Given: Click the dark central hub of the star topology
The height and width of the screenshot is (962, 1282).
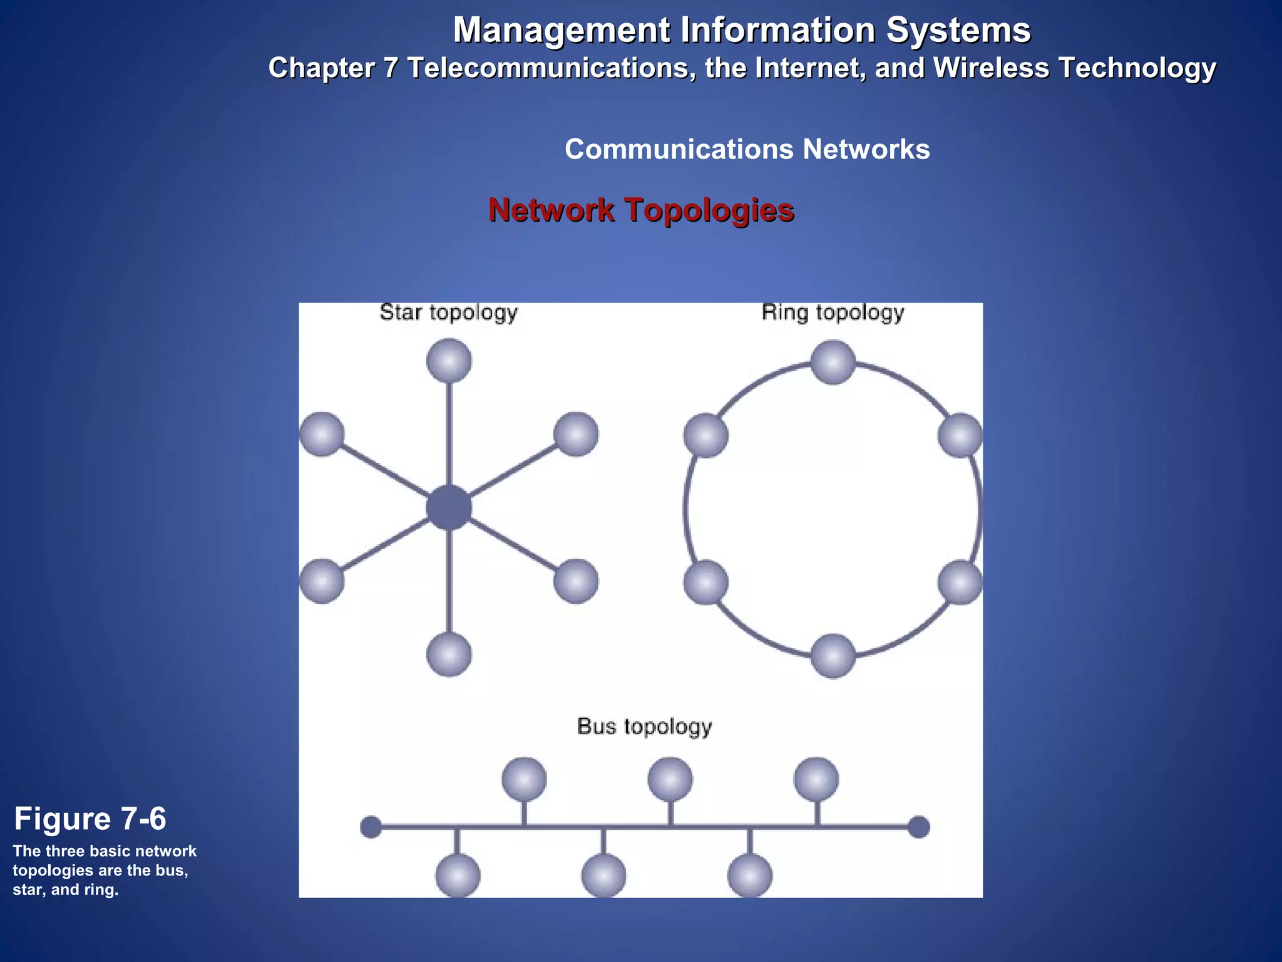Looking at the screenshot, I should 449,507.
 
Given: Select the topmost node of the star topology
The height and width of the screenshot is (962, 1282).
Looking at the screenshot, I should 449,361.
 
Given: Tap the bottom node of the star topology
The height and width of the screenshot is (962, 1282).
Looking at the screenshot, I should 449,654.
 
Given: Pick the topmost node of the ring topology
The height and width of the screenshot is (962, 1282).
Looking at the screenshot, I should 833,362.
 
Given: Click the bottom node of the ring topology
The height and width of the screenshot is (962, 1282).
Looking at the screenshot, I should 833,656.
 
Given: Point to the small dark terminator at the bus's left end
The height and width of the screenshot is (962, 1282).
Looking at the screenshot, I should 371,827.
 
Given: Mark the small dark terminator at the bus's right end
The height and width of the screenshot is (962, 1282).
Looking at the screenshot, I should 919,827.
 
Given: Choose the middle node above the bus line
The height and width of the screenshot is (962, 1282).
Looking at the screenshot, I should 670,780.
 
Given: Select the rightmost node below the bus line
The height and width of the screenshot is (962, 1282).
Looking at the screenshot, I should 750,876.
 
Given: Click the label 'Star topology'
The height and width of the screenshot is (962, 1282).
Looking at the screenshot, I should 449,313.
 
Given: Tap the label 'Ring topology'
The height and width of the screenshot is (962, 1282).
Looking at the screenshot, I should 833,313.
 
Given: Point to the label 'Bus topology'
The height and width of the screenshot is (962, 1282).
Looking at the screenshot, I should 644,727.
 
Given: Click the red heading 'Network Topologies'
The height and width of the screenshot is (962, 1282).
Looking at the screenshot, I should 641,210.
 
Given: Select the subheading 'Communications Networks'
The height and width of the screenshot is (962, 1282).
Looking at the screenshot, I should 747,150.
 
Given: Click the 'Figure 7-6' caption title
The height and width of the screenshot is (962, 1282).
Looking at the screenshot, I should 90,819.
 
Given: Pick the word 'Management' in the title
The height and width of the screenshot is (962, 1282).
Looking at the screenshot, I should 561,30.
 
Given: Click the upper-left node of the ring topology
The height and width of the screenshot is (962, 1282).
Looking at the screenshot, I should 706,435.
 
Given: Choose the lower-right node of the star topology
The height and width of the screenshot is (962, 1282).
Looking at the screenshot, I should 576,581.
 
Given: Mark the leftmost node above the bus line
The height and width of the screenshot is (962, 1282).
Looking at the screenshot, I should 525,780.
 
